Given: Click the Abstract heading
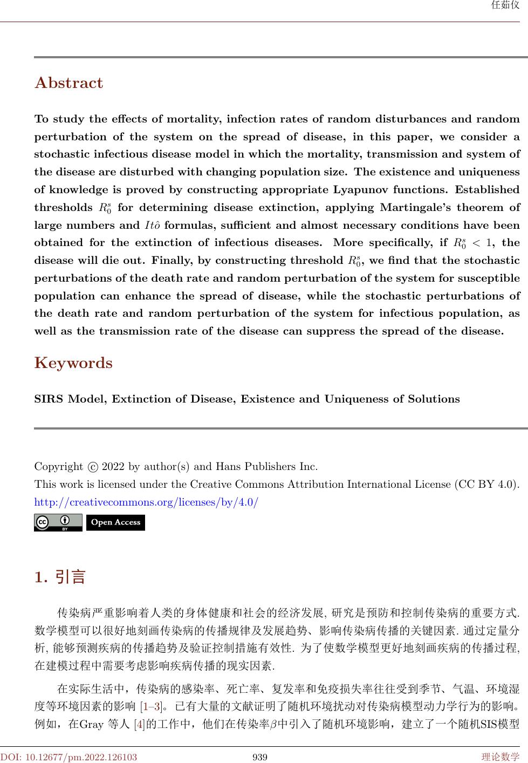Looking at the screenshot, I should [x=68, y=83].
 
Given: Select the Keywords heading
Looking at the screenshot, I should [x=73, y=363].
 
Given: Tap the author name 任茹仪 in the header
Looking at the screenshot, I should [x=506, y=6].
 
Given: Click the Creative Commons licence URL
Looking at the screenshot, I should [x=146, y=502].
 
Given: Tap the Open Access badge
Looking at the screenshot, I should [x=115, y=522].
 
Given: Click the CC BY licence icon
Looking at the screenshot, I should [x=58, y=522].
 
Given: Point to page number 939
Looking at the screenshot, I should [x=260, y=757].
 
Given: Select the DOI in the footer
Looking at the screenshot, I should [x=68, y=757].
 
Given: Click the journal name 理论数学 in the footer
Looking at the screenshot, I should [x=500, y=757].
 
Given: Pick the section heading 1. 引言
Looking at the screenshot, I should [x=60, y=577].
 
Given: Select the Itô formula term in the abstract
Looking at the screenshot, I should [x=155, y=226].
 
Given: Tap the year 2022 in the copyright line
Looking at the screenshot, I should [x=114, y=467].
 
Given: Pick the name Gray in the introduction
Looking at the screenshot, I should [x=92, y=724].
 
